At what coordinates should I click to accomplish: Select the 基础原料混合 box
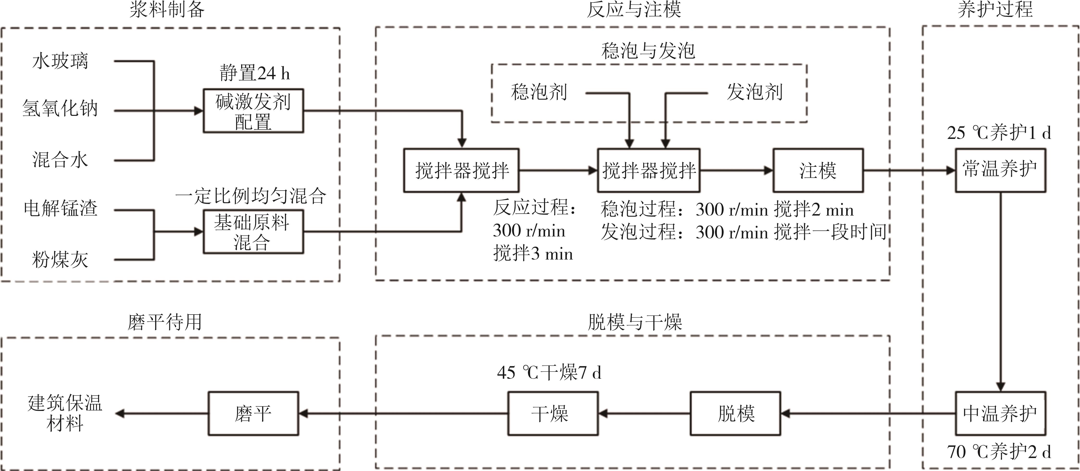pyautogui.click(x=253, y=232)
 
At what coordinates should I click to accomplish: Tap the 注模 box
pyautogui.click(x=817, y=171)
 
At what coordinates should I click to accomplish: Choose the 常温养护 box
pyautogui.click(x=1000, y=171)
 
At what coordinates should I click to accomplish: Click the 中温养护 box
pyautogui.click(x=1000, y=414)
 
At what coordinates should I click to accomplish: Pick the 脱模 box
pyautogui.click(x=735, y=414)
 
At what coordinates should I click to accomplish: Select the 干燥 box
pyautogui.click(x=553, y=414)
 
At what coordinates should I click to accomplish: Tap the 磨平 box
pyautogui.click(x=253, y=414)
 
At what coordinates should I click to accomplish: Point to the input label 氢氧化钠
pyautogui.click(x=60, y=109)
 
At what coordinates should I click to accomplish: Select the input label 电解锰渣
pyautogui.click(x=60, y=208)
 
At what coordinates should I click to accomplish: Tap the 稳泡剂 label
pyautogui.click(x=539, y=92)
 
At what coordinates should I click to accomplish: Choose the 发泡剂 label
pyautogui.click(x=754, y=92)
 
